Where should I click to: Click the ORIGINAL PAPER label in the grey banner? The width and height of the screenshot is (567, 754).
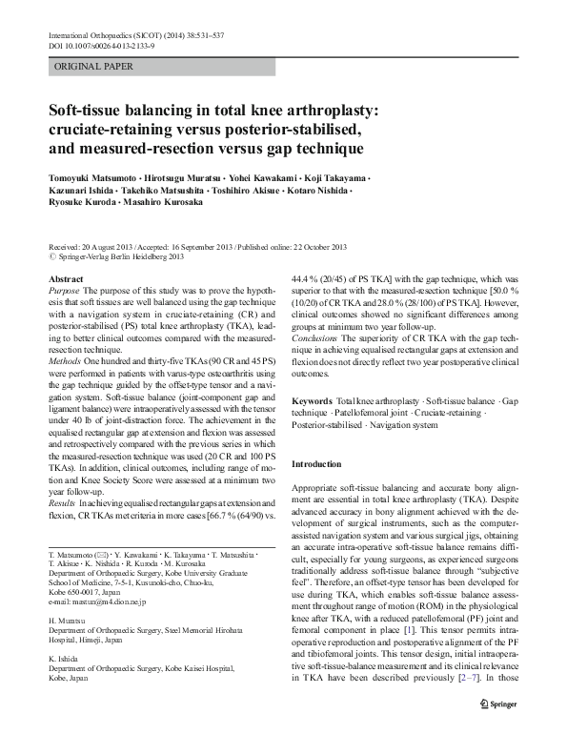tap(93, 67)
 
